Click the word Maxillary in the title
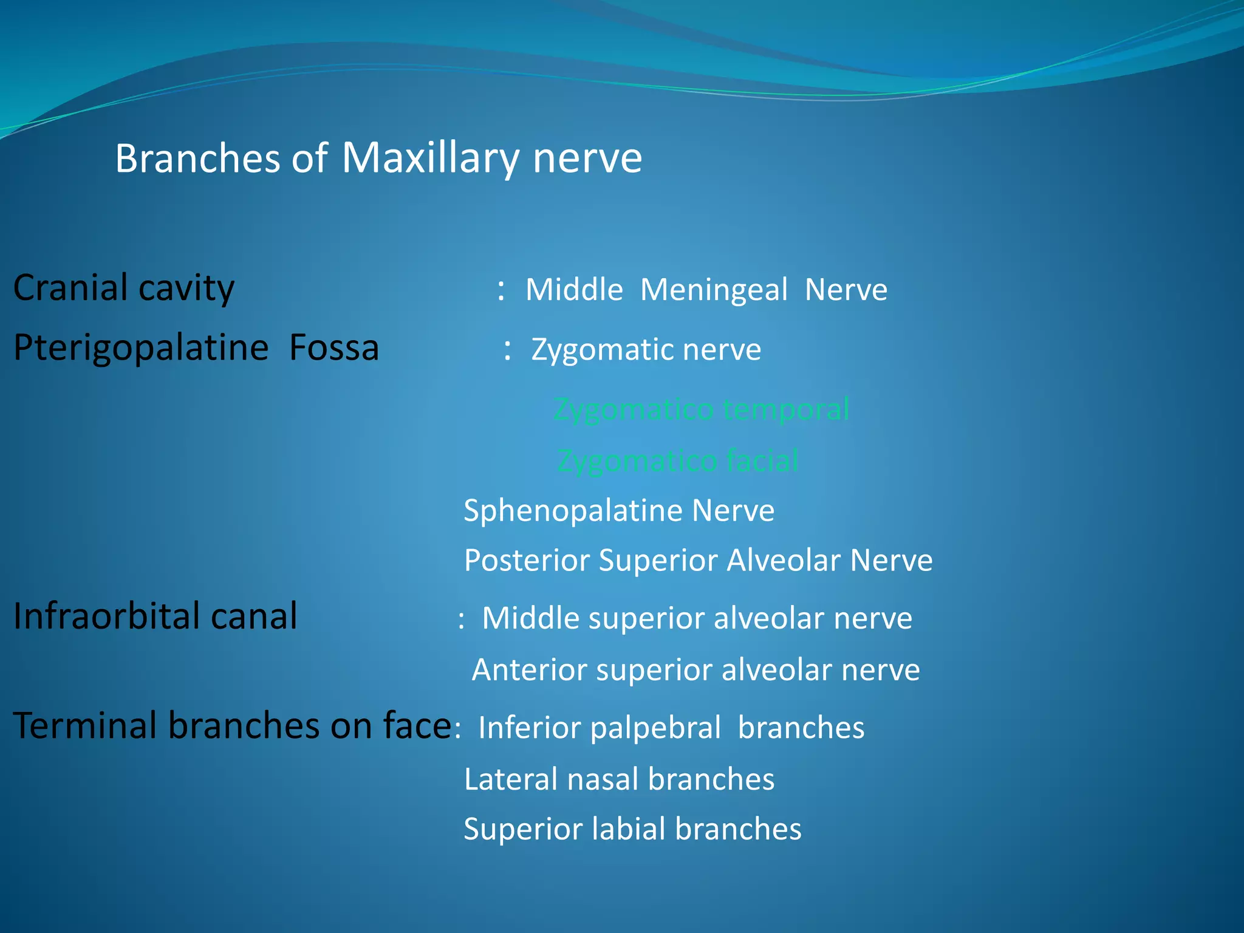coord(430,159)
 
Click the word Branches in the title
coord(197,159)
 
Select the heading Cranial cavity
coord(123,288)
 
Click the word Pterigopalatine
coord(140,348)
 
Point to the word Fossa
coord(333,348)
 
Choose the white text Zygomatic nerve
coord(646,350)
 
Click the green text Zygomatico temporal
coord(701,409)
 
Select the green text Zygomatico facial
coord(677,461)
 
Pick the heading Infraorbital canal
coord(155,616)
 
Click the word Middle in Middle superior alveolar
coord(526,618)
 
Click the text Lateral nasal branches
coord(618,779)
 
